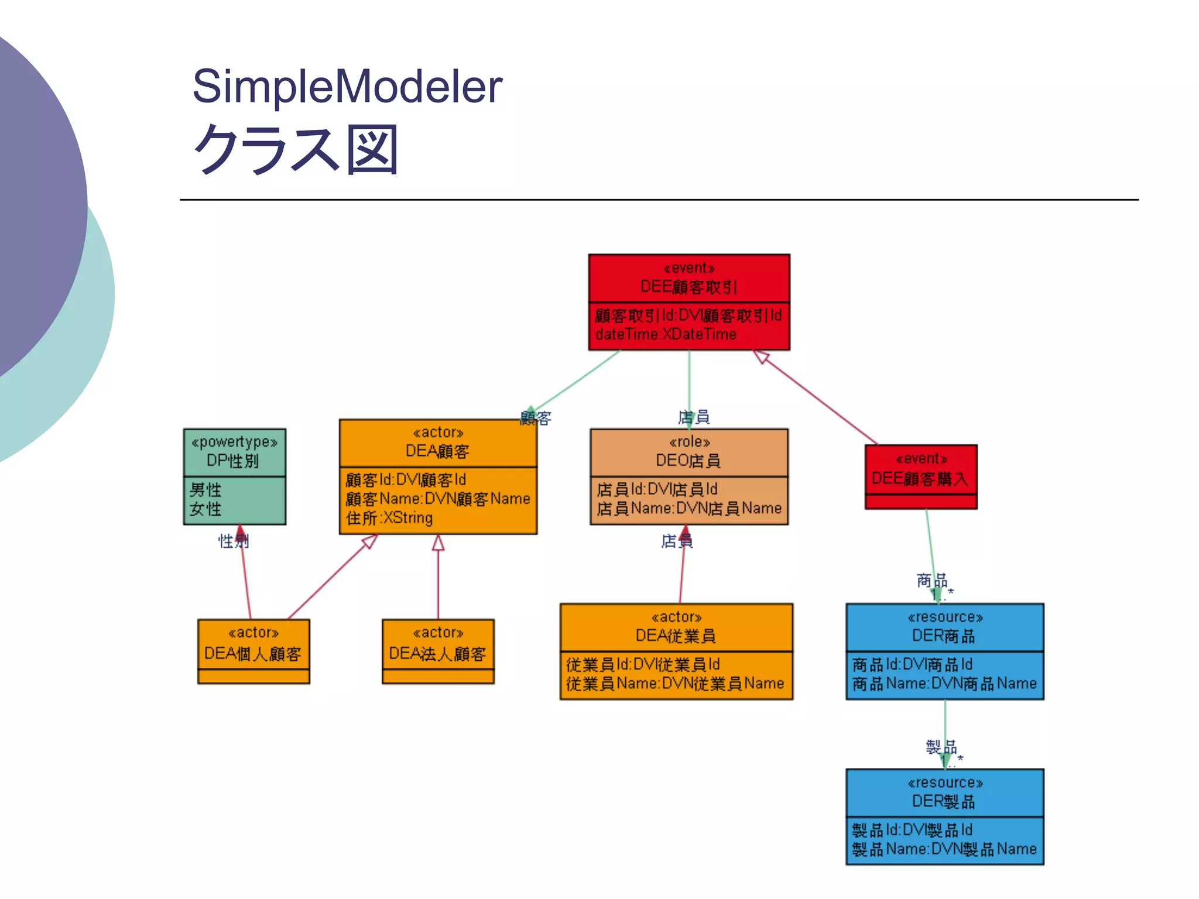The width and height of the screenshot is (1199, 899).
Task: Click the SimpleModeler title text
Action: tap(347, 87)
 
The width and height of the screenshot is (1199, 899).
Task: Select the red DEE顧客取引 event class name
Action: tap(688, 287)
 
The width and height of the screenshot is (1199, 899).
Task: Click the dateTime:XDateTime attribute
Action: tap(666, 335)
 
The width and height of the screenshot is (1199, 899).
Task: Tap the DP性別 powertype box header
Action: tap(234, 452)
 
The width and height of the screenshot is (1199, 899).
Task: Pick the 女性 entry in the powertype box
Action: tap(205, 509)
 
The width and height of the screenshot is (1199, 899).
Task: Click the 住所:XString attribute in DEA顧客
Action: tap(389, 518)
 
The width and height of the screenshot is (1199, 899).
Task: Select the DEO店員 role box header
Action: tap(688, 452)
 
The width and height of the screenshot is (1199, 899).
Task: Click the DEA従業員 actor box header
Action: tap(676, 627)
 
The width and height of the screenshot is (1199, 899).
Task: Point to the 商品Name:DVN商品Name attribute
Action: tap(944, 684)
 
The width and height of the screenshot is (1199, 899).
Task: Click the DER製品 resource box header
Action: tap(944, 792)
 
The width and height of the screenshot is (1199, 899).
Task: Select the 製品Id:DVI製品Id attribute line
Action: tap(912, 830)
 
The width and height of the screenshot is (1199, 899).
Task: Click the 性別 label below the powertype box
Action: tap(233, 541)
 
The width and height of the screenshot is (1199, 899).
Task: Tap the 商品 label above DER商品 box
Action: tap(931, 581)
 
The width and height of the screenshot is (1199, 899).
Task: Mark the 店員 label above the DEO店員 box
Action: tap(694, 417)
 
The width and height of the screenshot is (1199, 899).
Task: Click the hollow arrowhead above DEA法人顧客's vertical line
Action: tap(438, 543)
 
